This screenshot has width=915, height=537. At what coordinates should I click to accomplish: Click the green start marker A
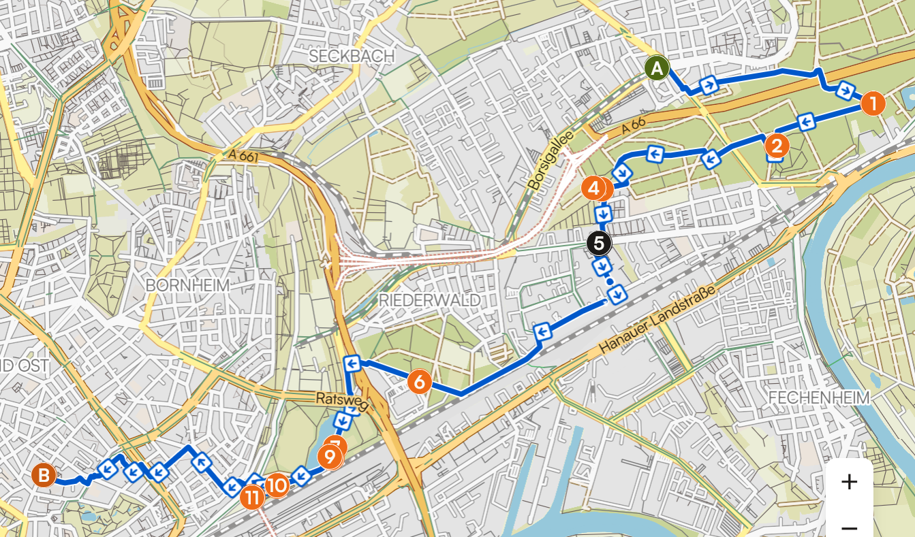coord(657,68)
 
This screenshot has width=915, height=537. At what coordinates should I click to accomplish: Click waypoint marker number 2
coord(776,146)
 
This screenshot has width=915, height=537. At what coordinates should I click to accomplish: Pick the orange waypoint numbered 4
coord(593,188)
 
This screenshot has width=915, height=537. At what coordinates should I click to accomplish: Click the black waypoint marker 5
coord(599,243)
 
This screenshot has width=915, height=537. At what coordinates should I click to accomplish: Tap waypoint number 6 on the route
coord(419,382)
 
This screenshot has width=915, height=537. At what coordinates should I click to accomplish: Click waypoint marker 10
coord(277,485)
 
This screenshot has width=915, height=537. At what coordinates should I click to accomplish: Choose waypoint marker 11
coord(251,497)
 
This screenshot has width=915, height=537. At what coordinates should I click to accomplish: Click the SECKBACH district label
coord(352,56)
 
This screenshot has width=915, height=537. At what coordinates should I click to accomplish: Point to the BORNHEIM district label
coord(187,284)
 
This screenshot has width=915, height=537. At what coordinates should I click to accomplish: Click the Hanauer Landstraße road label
coord(659,319)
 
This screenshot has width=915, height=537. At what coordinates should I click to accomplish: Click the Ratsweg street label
coord(341,402)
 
